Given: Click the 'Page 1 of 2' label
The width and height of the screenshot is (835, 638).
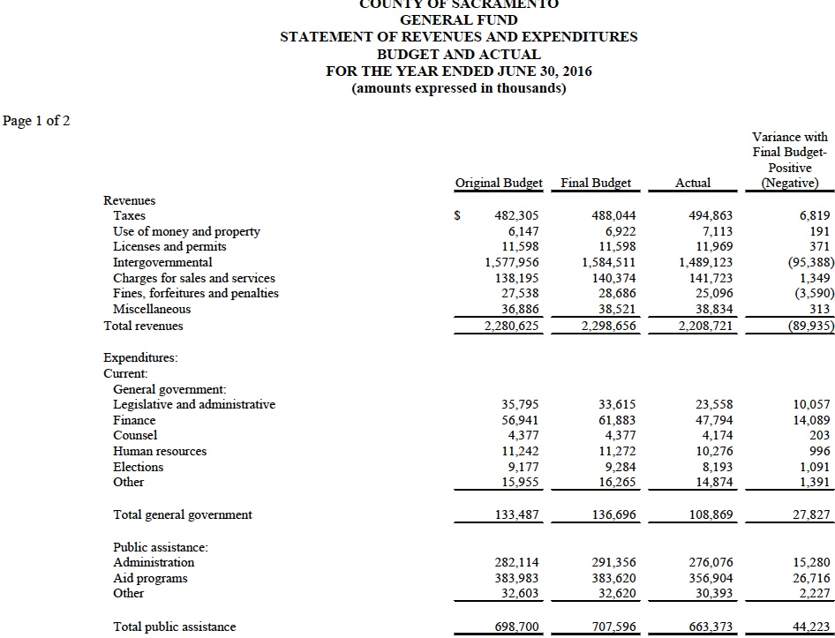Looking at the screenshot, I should [36, 121].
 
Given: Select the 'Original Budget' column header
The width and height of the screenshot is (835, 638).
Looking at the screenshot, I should [499, 184].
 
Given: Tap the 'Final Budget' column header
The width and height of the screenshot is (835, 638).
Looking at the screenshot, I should [596, 184].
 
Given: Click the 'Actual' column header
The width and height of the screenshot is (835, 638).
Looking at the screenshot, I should [693, 184].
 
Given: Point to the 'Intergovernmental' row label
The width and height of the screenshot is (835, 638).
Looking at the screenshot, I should [162, 262].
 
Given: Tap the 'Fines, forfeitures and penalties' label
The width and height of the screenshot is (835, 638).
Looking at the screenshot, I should [195, 293].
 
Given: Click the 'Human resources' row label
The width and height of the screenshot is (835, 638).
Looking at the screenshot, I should [160, 451].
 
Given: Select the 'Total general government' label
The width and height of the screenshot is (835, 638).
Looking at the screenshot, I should [183, 514].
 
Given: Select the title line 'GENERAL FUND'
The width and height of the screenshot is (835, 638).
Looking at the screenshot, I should [458, 19].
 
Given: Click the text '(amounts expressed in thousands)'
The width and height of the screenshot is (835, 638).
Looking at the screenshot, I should [458, 88].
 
